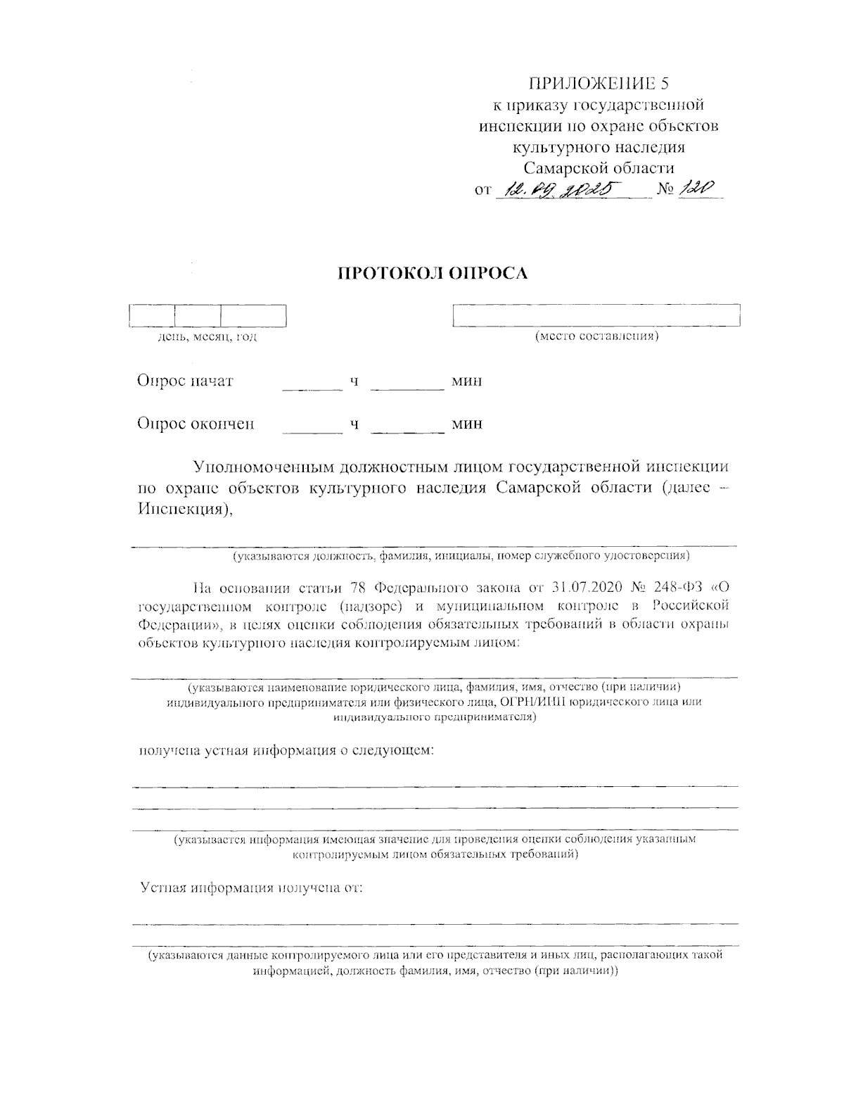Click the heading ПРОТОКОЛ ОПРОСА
click(x=433, y=274)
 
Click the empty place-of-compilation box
click(x=596, y=315)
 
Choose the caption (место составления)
click(x=596, y=336)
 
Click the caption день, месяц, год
click(x=207, y=338)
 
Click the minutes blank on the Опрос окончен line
click(x=407, y=424)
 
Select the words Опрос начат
click(x=186, y=381)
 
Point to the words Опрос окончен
click(x=196, y=424)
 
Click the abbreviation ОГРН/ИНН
click(x=534, y=702)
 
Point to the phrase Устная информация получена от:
click(x=251, y=887)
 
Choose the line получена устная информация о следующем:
click(x=286, y=751)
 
